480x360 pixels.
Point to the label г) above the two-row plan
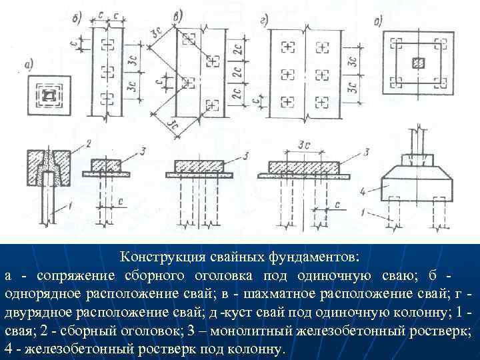[x=264, y=20]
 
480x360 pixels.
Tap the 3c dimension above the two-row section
[x=307, y=145]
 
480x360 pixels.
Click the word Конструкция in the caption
[x=157, y=257]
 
